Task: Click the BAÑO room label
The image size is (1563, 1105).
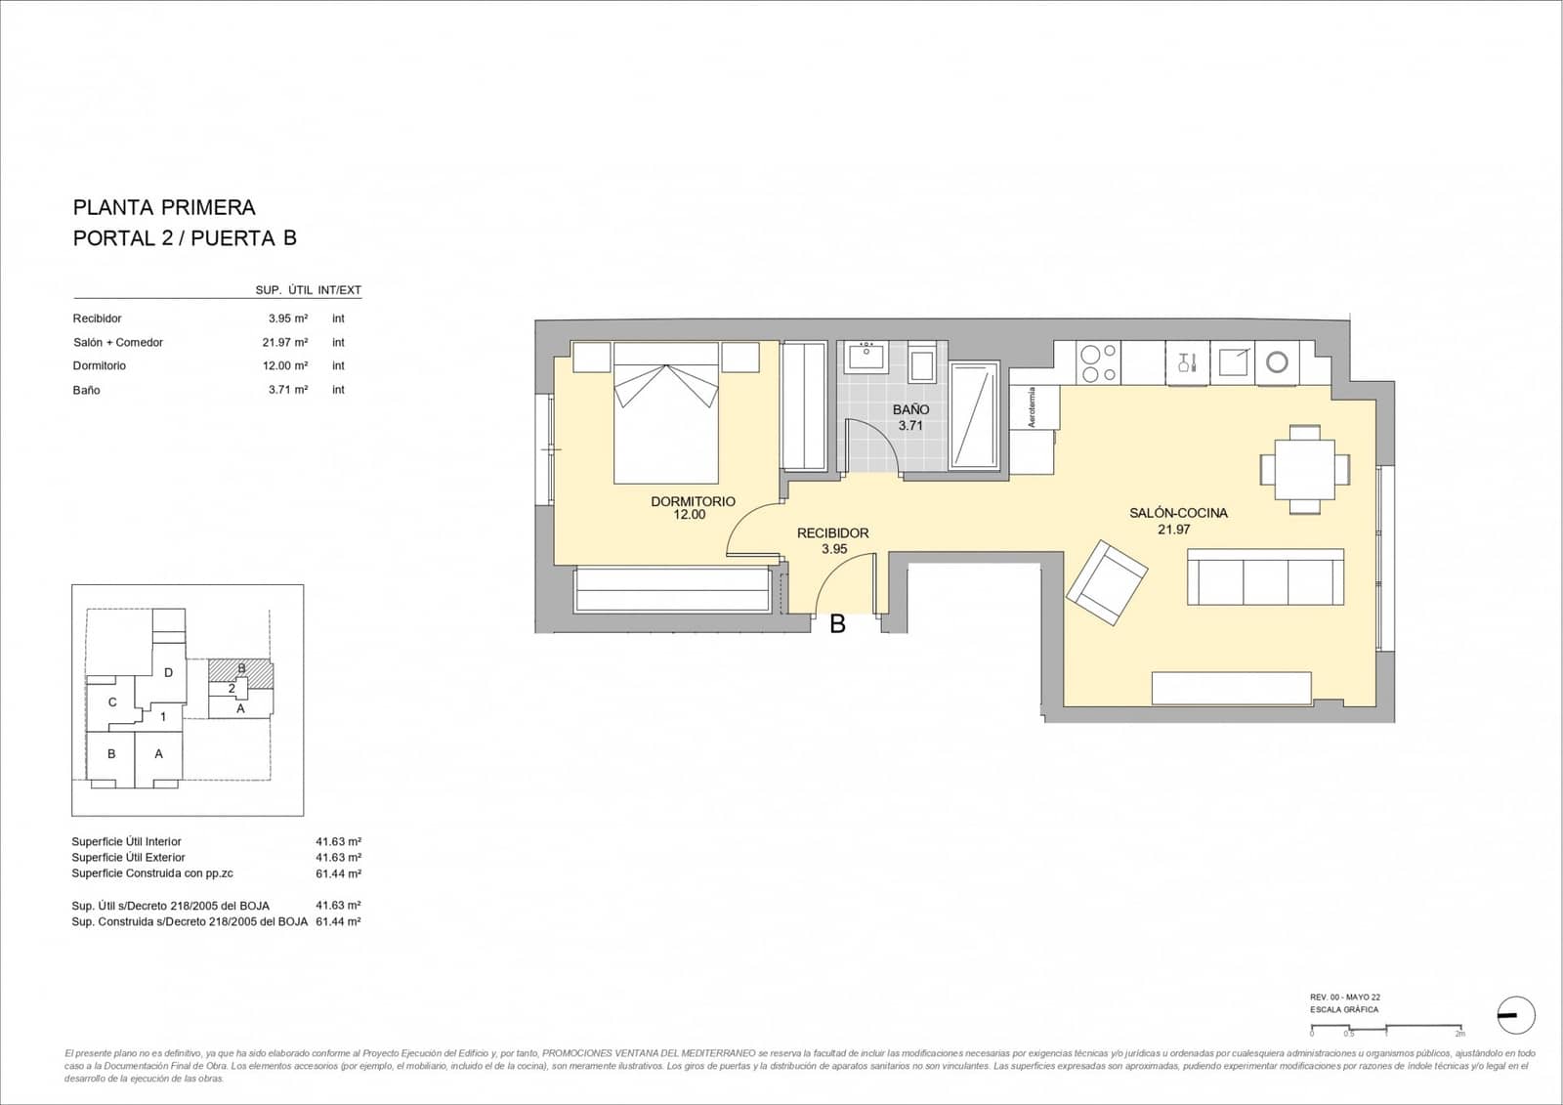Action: (909, 410)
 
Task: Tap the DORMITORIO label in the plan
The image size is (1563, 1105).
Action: (693, 501)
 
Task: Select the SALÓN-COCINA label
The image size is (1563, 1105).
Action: (1178, 513)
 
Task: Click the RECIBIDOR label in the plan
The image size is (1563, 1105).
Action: (832, 533)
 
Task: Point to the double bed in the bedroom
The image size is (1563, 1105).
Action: (666, 420)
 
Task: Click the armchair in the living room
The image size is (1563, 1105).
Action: (1107, 583)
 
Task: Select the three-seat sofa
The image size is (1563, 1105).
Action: (1265, 577)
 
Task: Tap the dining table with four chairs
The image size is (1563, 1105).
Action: (1304, 470)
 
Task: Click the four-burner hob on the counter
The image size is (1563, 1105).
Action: (1098, 363)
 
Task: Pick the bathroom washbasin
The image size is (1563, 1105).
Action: (866, 357)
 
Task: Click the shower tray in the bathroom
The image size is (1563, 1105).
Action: (974, 415)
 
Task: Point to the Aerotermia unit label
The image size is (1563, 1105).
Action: (1032, 407)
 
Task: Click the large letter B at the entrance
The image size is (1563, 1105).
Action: (837, 624)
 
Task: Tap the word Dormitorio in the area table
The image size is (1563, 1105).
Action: (100, 365)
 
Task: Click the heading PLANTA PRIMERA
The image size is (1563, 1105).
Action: (164, 207)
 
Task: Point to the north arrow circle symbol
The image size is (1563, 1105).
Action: (1515, 1016)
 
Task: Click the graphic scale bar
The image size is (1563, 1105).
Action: (1385, 1027)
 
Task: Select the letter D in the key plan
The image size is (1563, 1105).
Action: (168, 672)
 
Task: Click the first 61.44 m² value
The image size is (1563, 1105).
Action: (338, 873)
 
